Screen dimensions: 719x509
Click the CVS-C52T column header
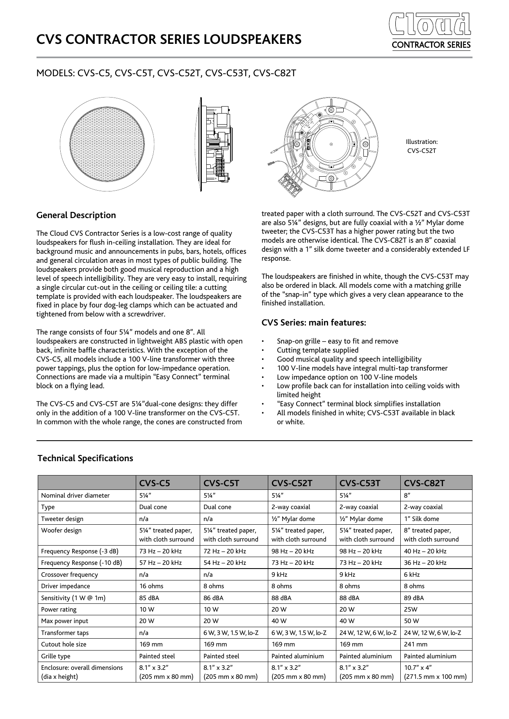[292, 483]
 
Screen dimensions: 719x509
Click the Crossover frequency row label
[69, 575]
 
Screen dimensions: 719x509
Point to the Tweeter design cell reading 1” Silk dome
[421, 519]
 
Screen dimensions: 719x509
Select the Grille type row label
[56, 656]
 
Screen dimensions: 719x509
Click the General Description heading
[76, 216]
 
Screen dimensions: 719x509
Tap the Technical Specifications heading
[85, 458]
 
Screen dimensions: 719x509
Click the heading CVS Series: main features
[314, 323]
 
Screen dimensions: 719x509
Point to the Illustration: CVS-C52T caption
[422, 146]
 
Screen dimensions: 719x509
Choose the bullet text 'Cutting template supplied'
[317, 350]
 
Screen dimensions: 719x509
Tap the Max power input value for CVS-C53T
[348, 621]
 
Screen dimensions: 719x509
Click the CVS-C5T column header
[221, 483]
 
